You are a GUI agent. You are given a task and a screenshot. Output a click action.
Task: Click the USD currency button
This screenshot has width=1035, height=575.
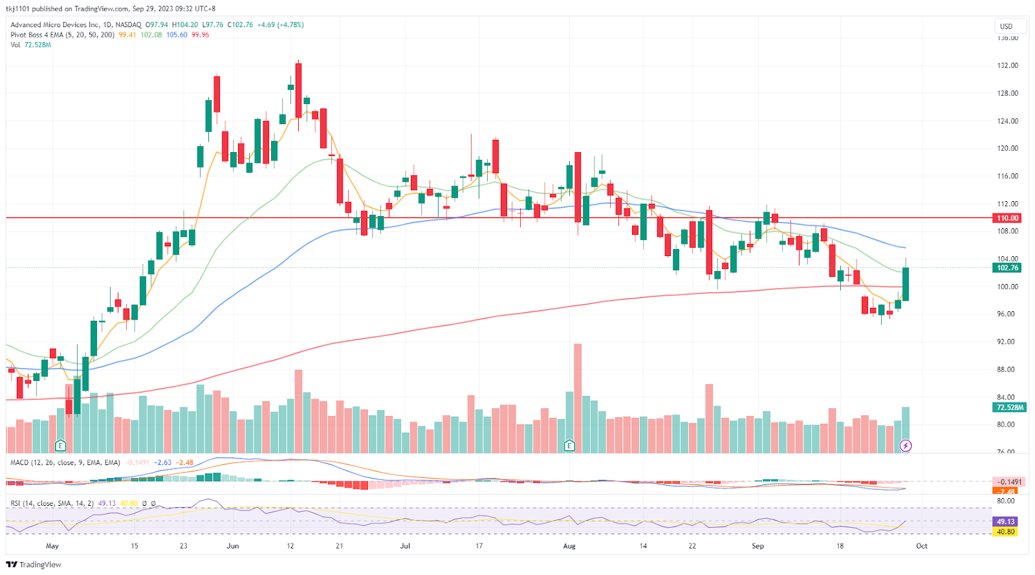click(1006, 27)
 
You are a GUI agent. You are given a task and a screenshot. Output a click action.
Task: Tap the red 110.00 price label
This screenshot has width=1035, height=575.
click(1007, 219)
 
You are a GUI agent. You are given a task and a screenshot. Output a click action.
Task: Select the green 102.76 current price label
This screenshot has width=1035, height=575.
click(1007, 268)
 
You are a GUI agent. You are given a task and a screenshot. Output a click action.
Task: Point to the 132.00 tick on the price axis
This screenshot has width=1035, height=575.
click(1007, 65)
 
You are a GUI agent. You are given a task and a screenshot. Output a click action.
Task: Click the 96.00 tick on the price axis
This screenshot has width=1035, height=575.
click(1006, 314)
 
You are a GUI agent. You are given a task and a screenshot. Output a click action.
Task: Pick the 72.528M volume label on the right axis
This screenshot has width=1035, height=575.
click(1010, 407)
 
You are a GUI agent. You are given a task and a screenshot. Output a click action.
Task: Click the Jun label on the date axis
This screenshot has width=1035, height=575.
click(233, 546)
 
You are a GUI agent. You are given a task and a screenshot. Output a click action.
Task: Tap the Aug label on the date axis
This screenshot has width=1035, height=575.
click(569, 546)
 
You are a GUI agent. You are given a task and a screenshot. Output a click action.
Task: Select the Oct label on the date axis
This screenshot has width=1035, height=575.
click(922, 546)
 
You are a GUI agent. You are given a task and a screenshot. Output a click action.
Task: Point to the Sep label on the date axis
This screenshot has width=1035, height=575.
click(757, 546)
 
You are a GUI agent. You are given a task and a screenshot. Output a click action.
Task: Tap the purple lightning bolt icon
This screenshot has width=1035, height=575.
click(906, 446)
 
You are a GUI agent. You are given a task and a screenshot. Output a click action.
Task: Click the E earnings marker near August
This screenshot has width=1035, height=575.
click(569, 446)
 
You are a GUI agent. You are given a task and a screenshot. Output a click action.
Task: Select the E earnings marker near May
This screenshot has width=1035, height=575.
click(60, 446)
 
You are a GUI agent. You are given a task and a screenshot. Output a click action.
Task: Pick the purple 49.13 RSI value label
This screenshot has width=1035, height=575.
click(1005, 521)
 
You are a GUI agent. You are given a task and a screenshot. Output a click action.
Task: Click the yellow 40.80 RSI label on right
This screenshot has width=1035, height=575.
click(1005, 532)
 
